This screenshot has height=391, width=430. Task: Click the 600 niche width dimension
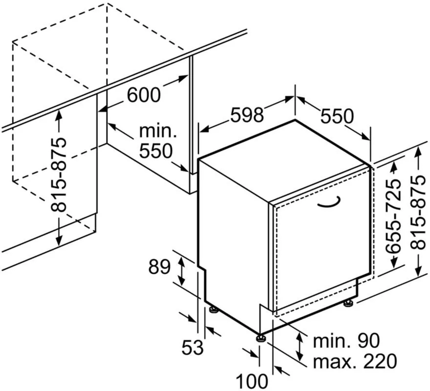tap(144, 95)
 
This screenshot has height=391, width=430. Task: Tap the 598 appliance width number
tap(247, 115)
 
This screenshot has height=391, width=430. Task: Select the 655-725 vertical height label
tap(393, 216)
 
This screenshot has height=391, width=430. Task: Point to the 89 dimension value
tap(159, 267)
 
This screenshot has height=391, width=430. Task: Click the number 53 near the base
tap(193, 347)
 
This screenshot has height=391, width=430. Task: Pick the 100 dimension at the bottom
tap(252, 381)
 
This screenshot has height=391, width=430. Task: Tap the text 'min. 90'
tap(346, 341)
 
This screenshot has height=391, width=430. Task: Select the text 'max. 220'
tap(355, 361)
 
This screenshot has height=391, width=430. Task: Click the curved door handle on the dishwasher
tap(329, 202)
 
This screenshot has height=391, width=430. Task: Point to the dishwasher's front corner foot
tap(260, 338)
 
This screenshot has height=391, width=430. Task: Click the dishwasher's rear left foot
tap(214, 309)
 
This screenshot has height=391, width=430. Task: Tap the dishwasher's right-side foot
tap(348, 303)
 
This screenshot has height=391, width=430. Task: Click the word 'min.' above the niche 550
tap(158, 131)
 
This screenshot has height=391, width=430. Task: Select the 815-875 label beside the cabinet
tap(59, 174)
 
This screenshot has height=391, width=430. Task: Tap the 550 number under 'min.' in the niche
tap(156, 151)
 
